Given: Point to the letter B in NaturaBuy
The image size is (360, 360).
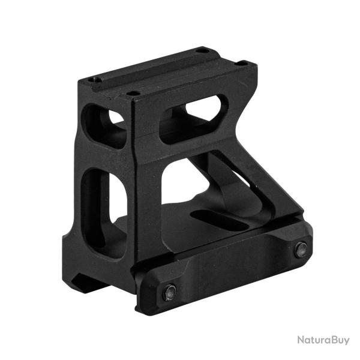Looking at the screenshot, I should (330, 340).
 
